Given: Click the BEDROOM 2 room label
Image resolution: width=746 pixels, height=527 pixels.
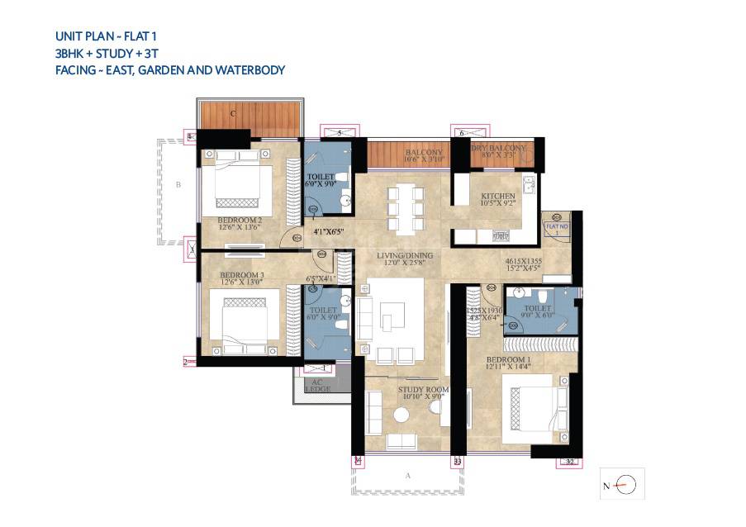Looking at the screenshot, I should [240, 221].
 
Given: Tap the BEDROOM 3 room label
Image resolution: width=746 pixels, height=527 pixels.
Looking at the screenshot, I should [241, 273].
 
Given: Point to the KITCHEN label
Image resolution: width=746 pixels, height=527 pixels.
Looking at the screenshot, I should [498, 196].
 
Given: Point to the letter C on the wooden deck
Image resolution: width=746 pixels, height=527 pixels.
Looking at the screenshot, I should [234, 113].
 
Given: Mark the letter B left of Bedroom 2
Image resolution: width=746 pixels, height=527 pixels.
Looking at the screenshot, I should [178, 186].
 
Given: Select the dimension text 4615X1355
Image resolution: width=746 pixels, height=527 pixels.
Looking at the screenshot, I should [524, 259].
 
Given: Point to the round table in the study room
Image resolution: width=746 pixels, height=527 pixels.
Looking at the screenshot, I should [402, 416].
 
